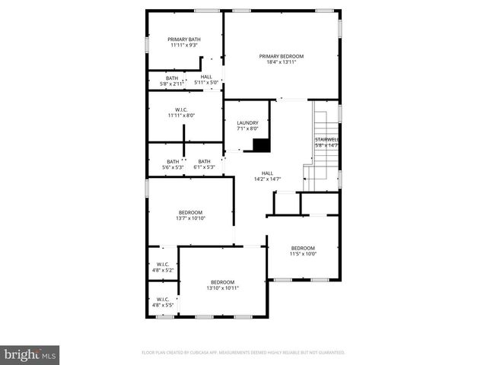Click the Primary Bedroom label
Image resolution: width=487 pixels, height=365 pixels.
point(281,56)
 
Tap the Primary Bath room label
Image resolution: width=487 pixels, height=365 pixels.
point(184,40)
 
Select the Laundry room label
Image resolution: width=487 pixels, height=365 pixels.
point(247,123)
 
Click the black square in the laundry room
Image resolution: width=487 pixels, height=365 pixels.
point(261,145)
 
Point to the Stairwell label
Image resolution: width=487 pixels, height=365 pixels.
point(326,140)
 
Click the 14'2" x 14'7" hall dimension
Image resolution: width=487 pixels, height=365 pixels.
point(267,179)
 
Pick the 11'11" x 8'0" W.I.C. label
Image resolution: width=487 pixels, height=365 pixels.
point(181,116)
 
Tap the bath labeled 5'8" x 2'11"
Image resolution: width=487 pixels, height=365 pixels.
point(172,82)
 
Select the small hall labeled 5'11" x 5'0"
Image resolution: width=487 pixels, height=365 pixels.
point(206,82)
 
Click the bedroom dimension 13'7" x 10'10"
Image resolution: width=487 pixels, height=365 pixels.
point(190,218)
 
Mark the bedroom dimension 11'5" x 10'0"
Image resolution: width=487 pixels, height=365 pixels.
point(302,254)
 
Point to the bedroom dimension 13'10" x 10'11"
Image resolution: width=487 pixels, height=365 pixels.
point(222,288)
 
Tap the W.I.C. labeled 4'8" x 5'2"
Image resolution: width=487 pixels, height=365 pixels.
point(162,270)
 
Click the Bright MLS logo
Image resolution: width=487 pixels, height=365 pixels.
point(30,354)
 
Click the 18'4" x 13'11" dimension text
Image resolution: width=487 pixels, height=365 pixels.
point(281,62)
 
